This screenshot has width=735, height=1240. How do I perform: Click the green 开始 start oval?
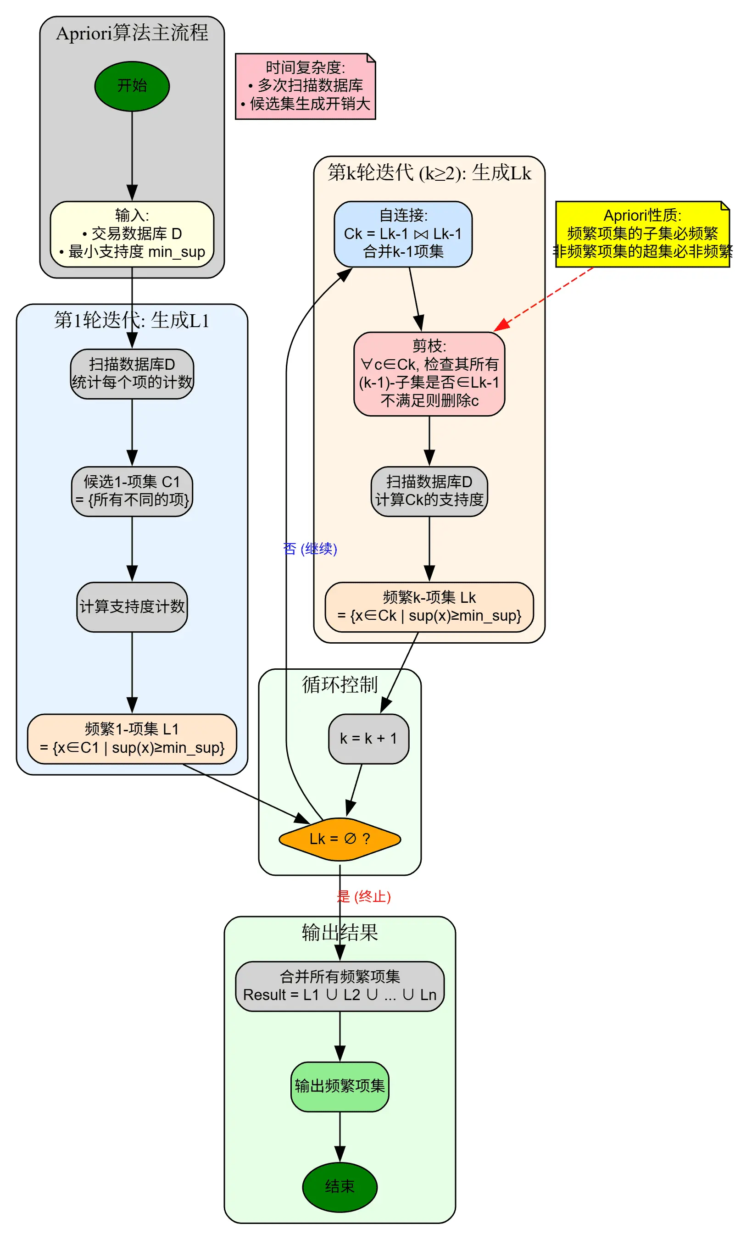pos(132,86)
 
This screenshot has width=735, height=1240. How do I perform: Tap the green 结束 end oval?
pos(340,1186)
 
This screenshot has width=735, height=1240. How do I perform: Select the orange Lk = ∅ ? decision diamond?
pos(340,839)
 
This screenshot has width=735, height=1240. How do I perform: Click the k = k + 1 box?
pos(368,738)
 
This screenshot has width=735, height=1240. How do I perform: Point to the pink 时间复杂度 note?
pos(305,86)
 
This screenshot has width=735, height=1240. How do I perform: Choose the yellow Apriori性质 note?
pos(642,234)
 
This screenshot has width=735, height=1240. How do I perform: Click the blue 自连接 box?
pos(403,234)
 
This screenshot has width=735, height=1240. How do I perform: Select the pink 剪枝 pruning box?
pos(429,373)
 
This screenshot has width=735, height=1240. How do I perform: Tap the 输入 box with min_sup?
pos(132,234)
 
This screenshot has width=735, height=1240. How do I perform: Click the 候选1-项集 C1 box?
pos(132,491)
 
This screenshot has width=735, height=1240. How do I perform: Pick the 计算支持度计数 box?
pos(132,606)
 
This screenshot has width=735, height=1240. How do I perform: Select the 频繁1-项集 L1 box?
pos(132,738)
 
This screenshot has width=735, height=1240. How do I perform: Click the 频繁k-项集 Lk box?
pos(429,606)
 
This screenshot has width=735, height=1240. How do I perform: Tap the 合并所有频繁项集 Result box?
pos(340,986)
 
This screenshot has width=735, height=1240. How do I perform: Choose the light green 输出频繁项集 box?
pos(340,1086)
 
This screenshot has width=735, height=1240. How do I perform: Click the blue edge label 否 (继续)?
pos(310,549)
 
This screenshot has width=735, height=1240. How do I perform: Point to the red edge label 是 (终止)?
pos(364,896)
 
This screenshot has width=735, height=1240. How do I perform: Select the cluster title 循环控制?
pos(340,684)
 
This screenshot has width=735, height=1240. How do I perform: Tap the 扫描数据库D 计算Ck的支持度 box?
pos(429,491)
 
